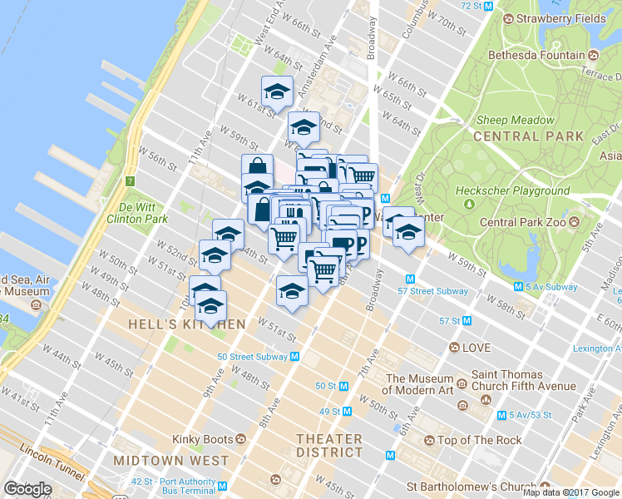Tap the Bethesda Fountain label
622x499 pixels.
(x=536, y=56)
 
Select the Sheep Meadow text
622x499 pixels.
(x=516, y=120)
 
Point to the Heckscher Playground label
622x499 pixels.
(x=513, y=190)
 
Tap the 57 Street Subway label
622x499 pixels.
(x=432, y=291)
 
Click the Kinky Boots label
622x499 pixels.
(x=202, y=438)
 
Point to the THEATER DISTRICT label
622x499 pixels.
(x=331, y=446)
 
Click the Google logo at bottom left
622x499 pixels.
(x=27, y=488)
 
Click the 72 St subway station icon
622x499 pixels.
(x=489, y=6)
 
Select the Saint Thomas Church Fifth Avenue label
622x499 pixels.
(x=523, y=380)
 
